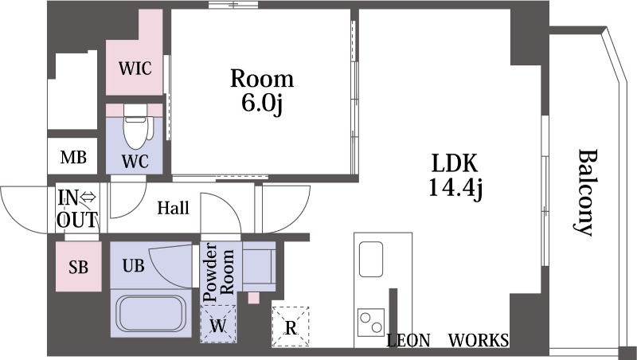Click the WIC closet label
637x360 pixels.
(x=135, y=68)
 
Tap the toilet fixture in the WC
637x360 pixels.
(x=136, y=126)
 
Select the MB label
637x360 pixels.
(x=73, y=157)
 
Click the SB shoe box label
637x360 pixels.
(x=78, y=268)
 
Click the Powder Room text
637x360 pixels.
(x=218, y=272)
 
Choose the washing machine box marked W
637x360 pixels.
(x=218, y=324)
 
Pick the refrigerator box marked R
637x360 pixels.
(x=291, y=327)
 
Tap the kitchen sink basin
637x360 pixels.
(x=370, y=259)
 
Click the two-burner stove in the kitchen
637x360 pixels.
(x=371, y=323)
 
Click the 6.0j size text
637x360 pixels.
(x=262, y=104)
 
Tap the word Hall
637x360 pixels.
(x=174, y=208)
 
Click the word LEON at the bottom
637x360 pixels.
(x=408, y=340)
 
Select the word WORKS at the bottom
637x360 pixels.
(x=479, y=340)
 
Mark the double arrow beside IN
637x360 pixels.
(x=88, y=198)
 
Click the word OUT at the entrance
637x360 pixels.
(x=77, y=220)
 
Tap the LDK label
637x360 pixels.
(x=455, y=163)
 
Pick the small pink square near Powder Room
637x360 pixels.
(x=253, y=298)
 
